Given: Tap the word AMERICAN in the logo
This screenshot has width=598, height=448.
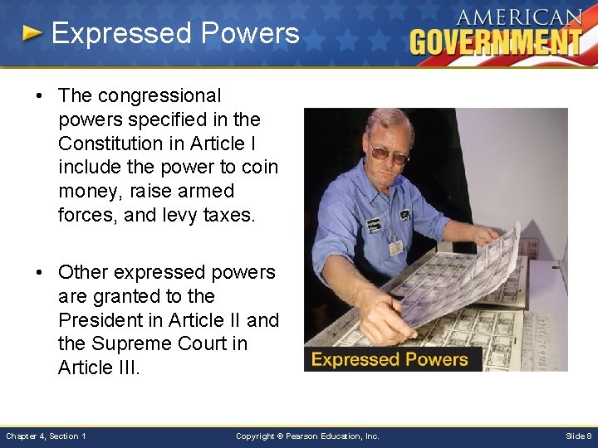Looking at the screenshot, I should click(519, 17).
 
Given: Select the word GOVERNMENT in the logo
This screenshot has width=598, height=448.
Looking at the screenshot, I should click(496, 41).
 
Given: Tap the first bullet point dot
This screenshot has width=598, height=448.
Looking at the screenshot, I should click(40, 96).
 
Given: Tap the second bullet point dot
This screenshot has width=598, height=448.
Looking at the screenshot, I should click(40, 272).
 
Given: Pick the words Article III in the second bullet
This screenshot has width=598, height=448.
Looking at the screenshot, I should click(100, 368).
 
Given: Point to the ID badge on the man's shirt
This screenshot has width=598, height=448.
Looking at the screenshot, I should click(396, 246).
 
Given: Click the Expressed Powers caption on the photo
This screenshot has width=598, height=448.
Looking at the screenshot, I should click(390, 360).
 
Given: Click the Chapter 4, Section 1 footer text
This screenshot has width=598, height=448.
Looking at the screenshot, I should click(46, 436).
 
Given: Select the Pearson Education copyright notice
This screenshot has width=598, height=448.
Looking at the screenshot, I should click(307, 436).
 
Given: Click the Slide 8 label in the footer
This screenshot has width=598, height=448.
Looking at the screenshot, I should click(578, 436).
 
